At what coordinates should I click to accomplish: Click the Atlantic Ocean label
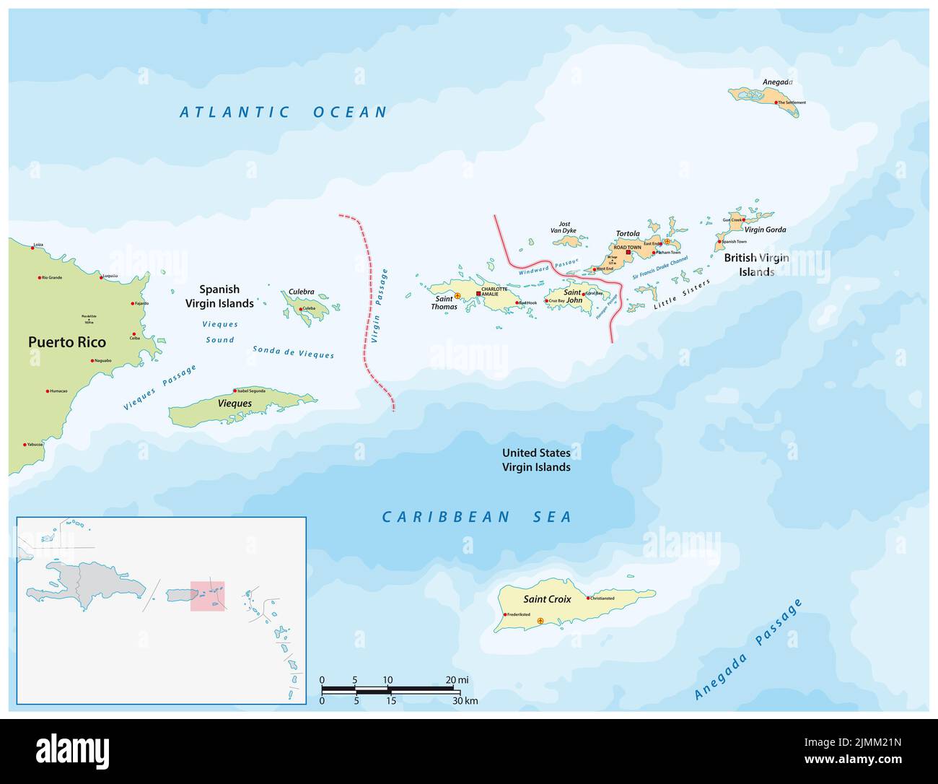click(x=283, y=112)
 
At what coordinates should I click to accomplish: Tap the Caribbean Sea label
click(x=476, y=517)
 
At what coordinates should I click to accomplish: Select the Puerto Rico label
click(x=67, y=342)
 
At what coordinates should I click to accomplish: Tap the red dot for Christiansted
click(x=589, y=598)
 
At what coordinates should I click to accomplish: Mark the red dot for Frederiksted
click(x=505, y=614)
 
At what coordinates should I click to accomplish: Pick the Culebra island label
click(x=301, y=292)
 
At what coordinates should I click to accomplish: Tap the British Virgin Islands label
click(x=756, y=265)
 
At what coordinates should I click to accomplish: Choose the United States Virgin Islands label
click(x=536, y=460)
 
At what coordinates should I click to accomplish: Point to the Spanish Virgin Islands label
click(x=220, y=297)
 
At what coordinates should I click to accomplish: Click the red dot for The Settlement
click(x=777, y=103)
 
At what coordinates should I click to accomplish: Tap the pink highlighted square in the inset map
click(x=207, y=596)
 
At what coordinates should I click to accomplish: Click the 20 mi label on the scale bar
click(x=457, y=680)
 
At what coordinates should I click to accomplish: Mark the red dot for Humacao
click(x=48, y=391)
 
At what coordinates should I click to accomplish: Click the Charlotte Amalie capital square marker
click(x=478, y=294)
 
